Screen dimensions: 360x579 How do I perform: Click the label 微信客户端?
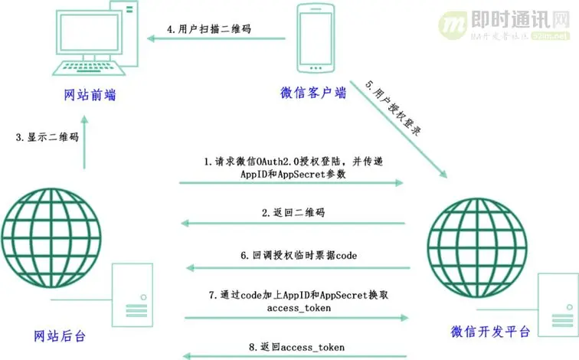(x=314, y=93)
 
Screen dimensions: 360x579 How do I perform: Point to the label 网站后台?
(x=61, y=335)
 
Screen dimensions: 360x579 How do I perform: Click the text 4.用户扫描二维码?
(x=210, y=29)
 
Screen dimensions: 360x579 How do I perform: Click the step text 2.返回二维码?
(x=293, y=211)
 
